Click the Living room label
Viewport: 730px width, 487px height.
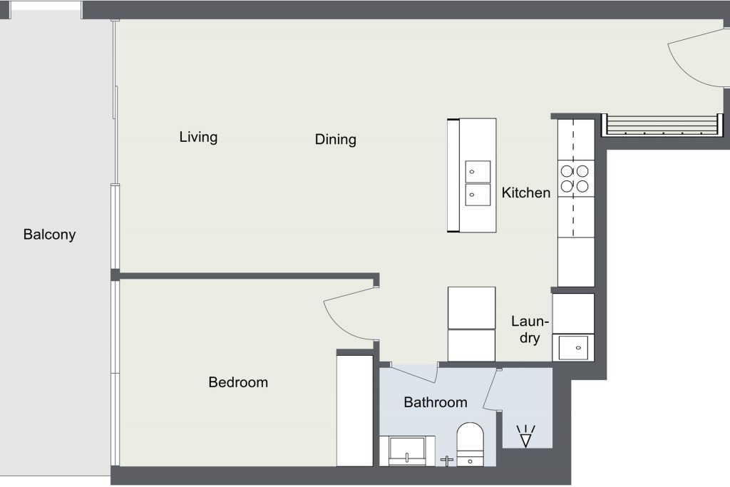[x=198, y=138]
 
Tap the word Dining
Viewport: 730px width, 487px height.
[x=336, y=139]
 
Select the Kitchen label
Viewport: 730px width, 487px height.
[x=526, y=193]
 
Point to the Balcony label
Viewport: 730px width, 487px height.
[x=49, y=234]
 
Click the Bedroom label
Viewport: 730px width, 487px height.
[x=238, y=382]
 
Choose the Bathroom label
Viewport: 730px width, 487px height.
[x=436, y=402]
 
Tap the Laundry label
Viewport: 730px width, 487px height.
[x=530, y=329]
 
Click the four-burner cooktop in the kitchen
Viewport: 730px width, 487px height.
[x=575, y=179]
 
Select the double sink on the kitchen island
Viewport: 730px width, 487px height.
[x=478, y=183]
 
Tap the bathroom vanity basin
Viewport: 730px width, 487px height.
[x=407, y=450]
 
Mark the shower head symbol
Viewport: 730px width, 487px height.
[x=525, y=436]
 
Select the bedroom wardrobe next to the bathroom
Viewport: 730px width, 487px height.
[x=355, y=411]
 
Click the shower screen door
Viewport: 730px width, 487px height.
[x=490, y=390]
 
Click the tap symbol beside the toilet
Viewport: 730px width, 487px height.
[x=447, y=461]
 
